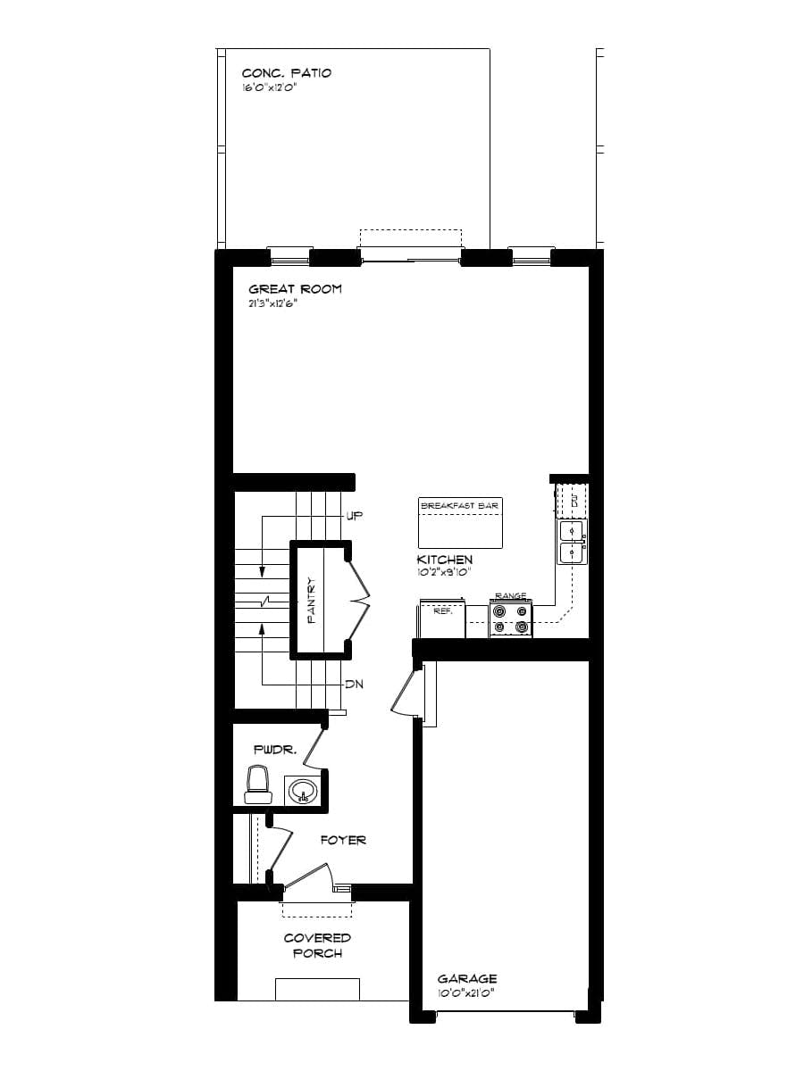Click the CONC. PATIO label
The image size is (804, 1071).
286,73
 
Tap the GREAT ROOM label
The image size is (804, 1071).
295,289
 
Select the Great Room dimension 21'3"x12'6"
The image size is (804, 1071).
272,303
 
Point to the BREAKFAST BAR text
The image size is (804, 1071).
459,506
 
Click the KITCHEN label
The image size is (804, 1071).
445,560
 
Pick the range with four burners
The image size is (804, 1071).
511,619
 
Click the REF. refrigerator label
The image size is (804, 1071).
443,612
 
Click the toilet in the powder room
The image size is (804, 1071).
259,784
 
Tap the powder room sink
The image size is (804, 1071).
303,791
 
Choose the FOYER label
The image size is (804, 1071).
344,840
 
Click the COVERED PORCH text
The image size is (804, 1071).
317,945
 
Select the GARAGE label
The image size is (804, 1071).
467,979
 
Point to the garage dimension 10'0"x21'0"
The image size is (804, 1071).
465,992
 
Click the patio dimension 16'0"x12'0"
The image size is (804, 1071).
268,88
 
